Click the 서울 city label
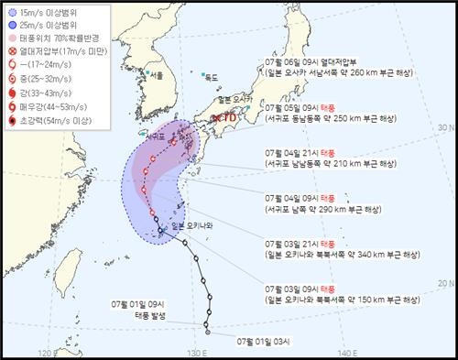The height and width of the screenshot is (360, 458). point(159,74)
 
